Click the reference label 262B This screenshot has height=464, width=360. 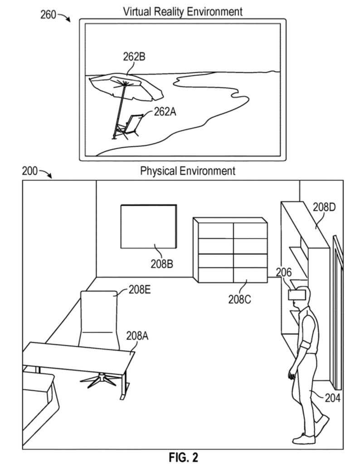(x=135, y=57)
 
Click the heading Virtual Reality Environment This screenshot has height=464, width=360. (x=183, y=10)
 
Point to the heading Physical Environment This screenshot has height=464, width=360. (x=188, y=171)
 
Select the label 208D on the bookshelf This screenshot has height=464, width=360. (x=324, y=208)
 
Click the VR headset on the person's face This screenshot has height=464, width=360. (x=297, y=294)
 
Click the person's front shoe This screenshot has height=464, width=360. (x=304, y=438)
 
